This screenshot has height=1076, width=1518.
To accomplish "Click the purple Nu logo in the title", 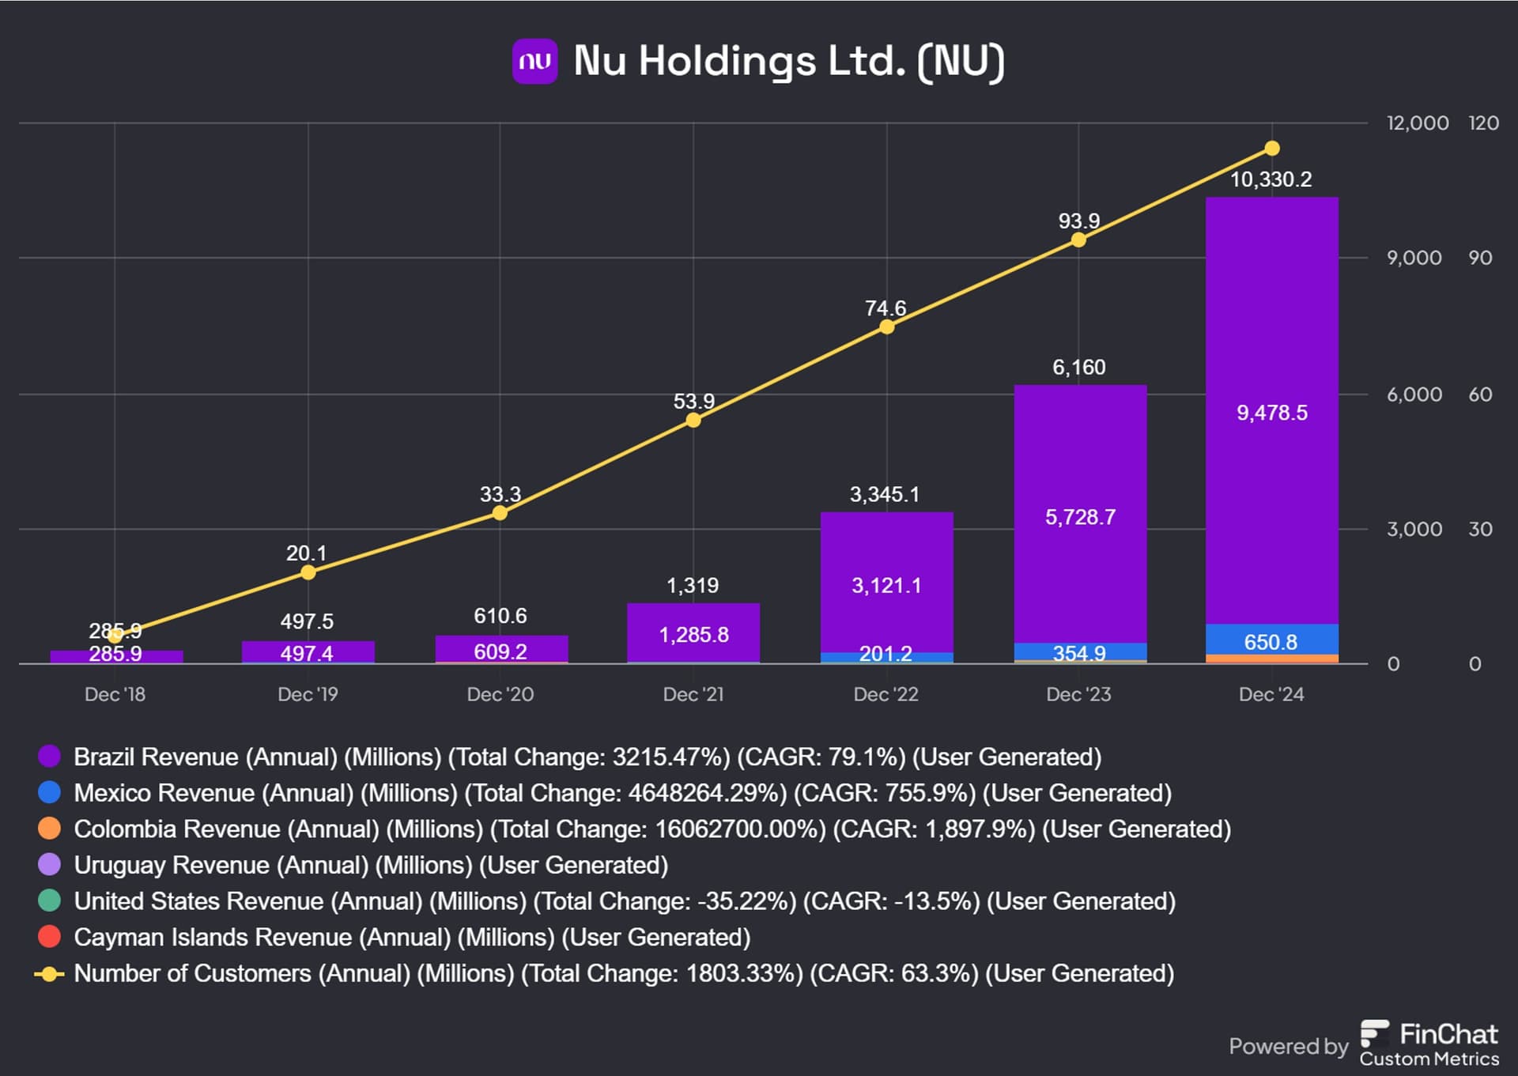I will pos(534,61).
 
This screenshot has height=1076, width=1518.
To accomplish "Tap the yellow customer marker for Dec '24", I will pos(1271,148).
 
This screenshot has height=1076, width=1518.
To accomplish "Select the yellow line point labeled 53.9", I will pos(693,420).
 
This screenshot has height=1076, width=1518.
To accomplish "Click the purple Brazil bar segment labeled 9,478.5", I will pos(1271,412).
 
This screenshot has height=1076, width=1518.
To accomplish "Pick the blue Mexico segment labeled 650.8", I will pos(1271,640).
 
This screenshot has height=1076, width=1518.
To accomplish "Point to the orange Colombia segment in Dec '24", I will pos(1271,659).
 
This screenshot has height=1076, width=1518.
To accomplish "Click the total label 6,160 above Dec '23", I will pos(1078,367).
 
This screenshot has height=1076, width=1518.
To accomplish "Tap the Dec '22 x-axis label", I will pos(885,694).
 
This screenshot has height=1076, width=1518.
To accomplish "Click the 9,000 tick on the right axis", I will pos(1414,258).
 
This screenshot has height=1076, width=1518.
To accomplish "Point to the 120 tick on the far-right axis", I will pos(1482,123).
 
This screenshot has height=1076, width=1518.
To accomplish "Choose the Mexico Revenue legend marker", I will pos(49,792).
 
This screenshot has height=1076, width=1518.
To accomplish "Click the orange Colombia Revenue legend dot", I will pos(49,829).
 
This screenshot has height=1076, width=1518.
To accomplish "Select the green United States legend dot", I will pos(49,900).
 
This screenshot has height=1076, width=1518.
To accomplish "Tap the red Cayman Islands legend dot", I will pos(49,937).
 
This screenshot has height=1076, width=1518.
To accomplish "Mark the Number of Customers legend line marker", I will pos(49,973).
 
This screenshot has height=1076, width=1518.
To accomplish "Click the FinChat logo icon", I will pos(1374,1033).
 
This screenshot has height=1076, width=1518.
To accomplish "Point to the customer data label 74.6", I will pos(885,308).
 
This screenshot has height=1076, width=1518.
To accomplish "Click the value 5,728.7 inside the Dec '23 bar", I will pos(1080,517).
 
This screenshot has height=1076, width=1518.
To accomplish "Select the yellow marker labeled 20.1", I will pos(308,572).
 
